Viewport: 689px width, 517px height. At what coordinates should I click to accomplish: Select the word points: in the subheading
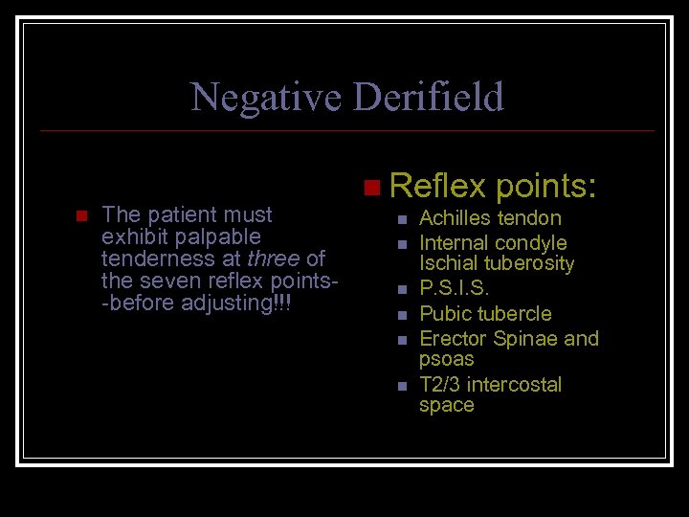(x=546, y=184)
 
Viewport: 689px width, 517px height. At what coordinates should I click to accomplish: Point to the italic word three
(x=273, y=258)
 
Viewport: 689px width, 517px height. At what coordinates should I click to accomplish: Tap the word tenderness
(x=154, y=258)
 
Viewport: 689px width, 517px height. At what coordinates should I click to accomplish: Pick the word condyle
(x=531, y=243)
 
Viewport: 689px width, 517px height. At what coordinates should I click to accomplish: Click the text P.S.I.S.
(x=455, y=288)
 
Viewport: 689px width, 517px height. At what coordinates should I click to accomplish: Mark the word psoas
(x=446, y=359)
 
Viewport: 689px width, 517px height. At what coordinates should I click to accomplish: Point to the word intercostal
(x=517, y=385)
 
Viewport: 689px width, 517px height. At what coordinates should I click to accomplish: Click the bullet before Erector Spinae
(x=402, y=339)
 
